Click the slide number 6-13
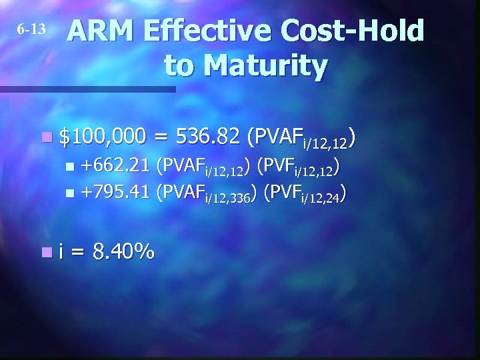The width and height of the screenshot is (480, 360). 31,29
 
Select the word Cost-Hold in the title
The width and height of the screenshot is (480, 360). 353,31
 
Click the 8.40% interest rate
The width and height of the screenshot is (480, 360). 124,252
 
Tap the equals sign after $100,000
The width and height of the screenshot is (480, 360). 160,137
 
